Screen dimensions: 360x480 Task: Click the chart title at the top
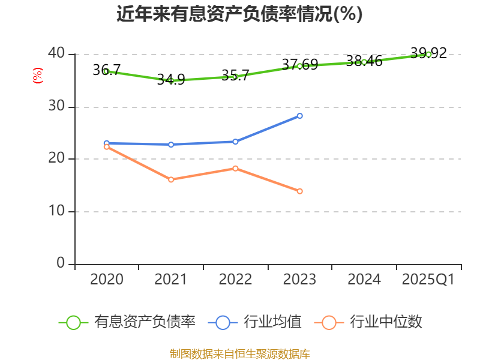(239, 14)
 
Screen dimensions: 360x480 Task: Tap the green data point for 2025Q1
(428, 54)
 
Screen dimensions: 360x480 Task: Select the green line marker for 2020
(106, 71)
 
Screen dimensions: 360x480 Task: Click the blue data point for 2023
(300, 116)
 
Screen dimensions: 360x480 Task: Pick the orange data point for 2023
(300, 191)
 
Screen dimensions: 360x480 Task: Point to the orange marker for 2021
(171, 179)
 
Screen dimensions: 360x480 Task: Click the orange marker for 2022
(235, 168)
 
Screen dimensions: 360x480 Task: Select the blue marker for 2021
(171, 145)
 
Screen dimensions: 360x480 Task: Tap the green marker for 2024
(364, 62)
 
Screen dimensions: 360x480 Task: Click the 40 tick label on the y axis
(57, 54)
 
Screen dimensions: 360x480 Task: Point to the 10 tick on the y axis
(57, 212)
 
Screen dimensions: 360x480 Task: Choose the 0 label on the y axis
(61, 263)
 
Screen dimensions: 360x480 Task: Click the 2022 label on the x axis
(235, 280)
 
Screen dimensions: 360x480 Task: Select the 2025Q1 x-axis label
(428, 280)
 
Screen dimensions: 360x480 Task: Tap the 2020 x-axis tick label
(106, 280)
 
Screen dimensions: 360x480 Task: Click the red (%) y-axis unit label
(37, 76)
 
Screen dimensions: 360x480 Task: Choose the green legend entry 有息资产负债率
(128, 322)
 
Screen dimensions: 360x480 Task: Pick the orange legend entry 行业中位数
(369, 322)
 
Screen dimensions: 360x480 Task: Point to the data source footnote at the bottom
(239, 353)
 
